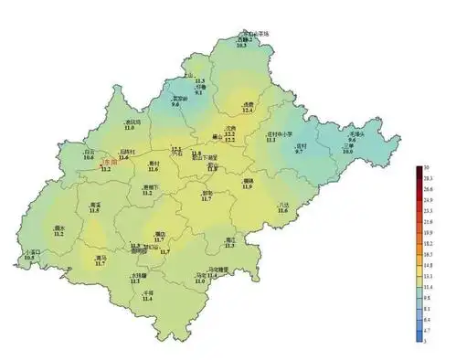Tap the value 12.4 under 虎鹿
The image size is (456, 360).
pos(247,111)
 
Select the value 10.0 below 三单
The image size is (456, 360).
pos(347,152)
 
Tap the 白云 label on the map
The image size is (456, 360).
pos(89,152)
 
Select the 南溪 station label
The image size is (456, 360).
pos(95,205)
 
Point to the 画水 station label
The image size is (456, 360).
pos(59,228)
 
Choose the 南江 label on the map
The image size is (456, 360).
pos(230,239)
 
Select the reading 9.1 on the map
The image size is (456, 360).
pos(199,93)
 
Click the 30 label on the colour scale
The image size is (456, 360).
pos(428,169)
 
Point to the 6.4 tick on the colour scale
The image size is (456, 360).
pos(429,320)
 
